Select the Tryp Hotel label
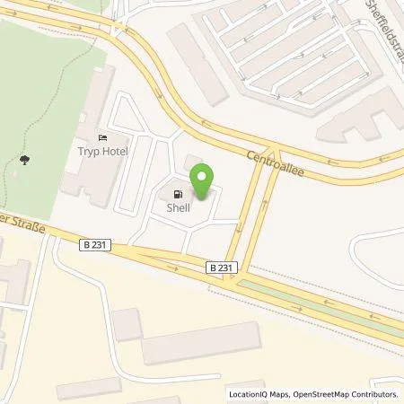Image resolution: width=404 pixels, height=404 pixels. [x=102, y=151]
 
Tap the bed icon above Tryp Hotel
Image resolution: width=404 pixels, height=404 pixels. [x=102, y=136]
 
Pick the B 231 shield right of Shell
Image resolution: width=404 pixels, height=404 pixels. [x=221, y=267]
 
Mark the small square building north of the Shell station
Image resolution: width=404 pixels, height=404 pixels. [x=192, y=162]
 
